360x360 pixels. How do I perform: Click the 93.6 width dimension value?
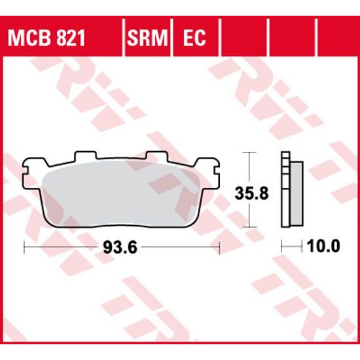pos(122,247)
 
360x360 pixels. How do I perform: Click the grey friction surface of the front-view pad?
pos(121,194)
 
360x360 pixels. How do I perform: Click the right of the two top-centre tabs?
pos(156,157)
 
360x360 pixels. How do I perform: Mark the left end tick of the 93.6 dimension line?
pos(24,247)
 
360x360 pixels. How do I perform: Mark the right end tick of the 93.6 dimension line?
pos(219,247)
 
